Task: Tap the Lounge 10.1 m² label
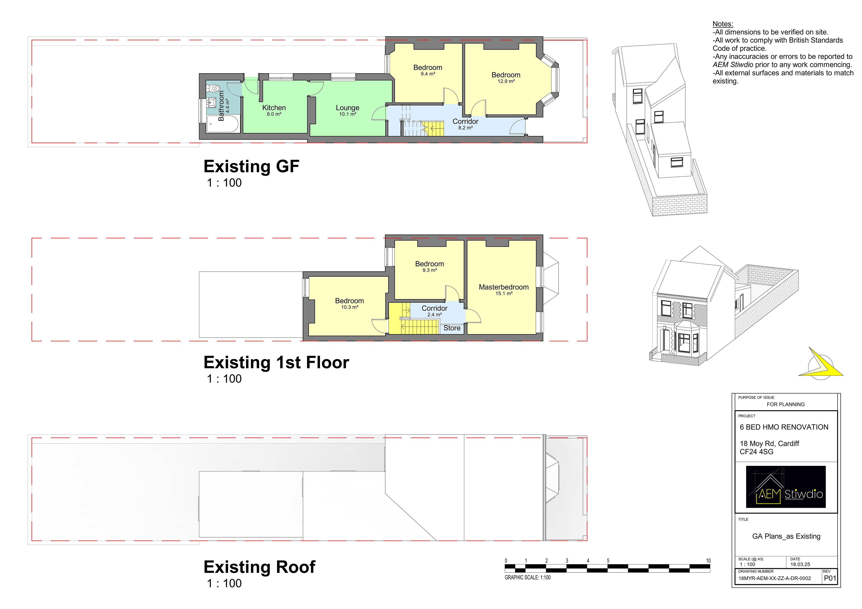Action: [347, 110]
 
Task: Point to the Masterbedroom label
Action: [504, 287]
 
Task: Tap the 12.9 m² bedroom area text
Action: [506, 81]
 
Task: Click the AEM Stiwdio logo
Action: [785, 487]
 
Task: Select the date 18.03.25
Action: [800, 564]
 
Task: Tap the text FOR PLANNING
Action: [785, 404]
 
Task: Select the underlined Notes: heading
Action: [723, 24]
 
